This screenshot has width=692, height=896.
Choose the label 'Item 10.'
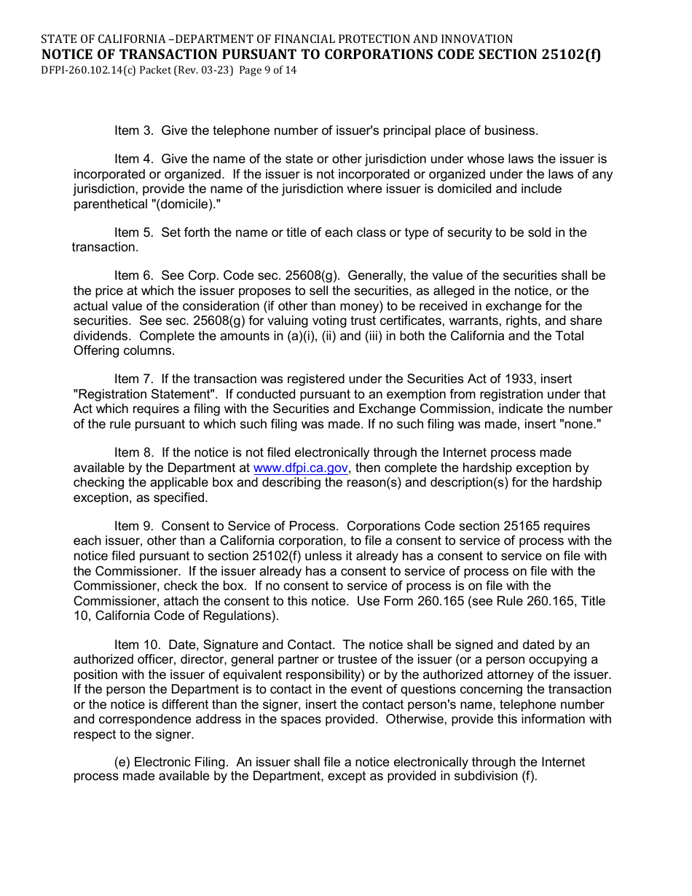(138, 645)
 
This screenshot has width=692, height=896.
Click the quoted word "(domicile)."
(184, 204)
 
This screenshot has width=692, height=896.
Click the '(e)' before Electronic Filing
(122, 762)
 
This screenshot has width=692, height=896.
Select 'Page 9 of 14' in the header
(267, 71)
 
